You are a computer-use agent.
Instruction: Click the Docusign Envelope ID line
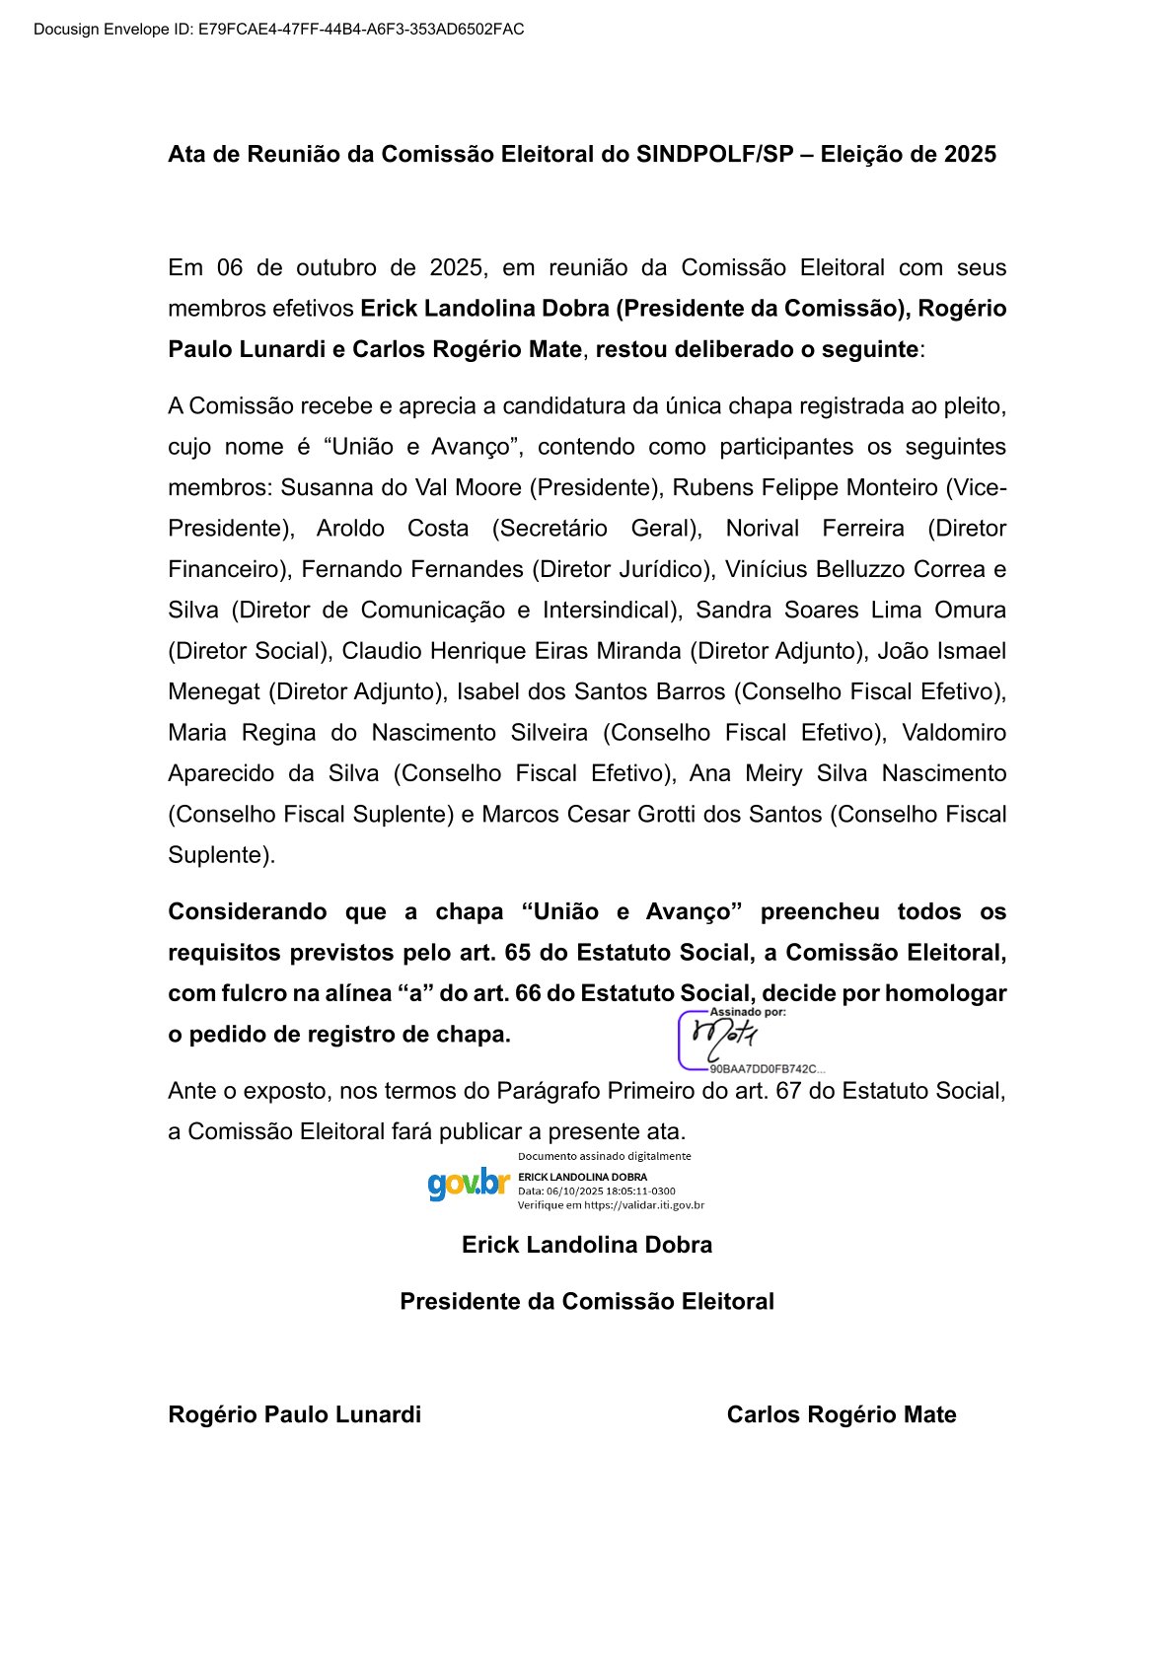pyautogui.click(x=278, y=30)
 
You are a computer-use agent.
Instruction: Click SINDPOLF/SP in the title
pyautogui.click(x=714, y=154)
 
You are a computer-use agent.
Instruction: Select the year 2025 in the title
pyautogui.click(x=970, y=154)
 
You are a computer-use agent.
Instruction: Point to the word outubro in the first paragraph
pyautogui.click(x=335, y=267)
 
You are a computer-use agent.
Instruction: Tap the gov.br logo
pyautogui.click(x=468, y=1183)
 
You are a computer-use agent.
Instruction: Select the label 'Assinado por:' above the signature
pyautogui.click(x=748, y=1012)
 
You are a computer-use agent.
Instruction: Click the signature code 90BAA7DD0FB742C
pyautogui.click(x=763, y=1069)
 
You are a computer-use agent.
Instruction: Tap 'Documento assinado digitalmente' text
pyautogui.click(x=604, y=1156)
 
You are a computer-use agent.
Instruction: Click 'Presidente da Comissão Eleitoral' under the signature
pyautogui.click(x=587, y=1301)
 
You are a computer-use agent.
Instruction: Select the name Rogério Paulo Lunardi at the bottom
pyautogui.click(x=294, y=1414)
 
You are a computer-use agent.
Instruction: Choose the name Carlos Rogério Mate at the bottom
pyautogui.click(x=842, y=1414)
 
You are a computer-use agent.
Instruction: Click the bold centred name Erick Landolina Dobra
pyautogui.click(x=587, y=1245)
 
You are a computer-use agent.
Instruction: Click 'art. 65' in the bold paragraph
pyautogui.click(x=530, y=952)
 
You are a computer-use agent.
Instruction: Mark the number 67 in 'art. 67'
pyautogui.click(x=788, y=1091)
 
